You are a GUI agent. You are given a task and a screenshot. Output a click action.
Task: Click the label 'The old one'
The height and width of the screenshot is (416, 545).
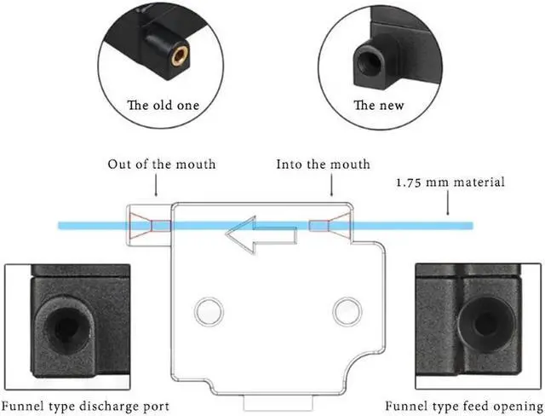[163, 106]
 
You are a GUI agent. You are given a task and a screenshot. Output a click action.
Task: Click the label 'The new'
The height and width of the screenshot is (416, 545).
[379, 106]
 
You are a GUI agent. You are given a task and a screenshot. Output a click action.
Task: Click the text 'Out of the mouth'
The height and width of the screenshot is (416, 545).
[162, 164]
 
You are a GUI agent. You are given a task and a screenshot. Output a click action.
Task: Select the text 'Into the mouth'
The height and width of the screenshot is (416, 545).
[323, 164]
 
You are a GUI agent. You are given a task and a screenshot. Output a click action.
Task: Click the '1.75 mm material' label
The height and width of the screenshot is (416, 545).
[450, 182]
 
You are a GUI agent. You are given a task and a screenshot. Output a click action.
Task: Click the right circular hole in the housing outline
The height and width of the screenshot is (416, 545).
[346, 310]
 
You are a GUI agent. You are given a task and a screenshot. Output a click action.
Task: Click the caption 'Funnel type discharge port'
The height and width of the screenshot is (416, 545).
[85, 405]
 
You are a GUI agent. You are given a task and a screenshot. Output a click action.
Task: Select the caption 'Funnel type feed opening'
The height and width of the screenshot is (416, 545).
[463, 405]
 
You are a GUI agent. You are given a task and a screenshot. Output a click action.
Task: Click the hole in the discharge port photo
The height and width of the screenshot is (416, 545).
[63, 323]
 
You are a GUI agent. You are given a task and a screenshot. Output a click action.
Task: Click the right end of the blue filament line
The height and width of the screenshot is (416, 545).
[470, 225]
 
